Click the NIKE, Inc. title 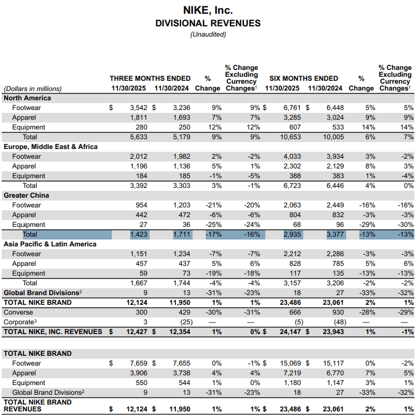point(208,10)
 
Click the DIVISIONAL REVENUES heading point(208,23)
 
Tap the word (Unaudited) point(208,34)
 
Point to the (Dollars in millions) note point(33,89)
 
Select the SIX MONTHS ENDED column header point(303,79)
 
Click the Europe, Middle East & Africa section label point(50,147)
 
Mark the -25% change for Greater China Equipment point(211,225)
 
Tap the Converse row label point(18,312)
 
